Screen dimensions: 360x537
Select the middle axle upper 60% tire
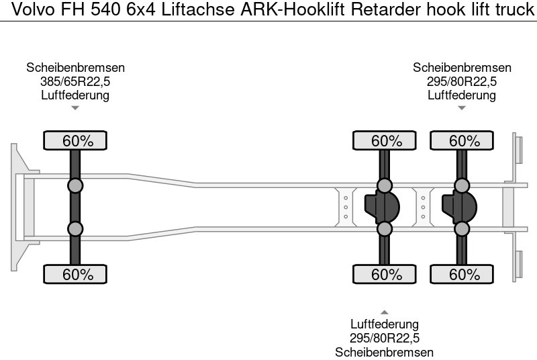[x=386, y=140]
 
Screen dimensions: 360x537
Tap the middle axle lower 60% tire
[x=386, y=274]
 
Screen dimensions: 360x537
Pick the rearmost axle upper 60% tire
[x=464, y=140]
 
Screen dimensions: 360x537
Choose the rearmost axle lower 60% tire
[x=464, y=274]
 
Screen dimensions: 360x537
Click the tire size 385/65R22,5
[x=76, y=81]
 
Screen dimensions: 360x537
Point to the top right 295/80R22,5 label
[x=462, y=81]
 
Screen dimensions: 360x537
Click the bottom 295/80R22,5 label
[x=385, y=339]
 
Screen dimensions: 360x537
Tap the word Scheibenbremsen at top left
[x=76, y=68]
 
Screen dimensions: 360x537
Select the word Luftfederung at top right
[x=462, y=95]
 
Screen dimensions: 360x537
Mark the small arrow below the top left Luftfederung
[x=76, y=107]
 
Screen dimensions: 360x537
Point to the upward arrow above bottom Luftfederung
[x=385, y=312]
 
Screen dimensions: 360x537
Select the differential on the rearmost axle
[x=459, y=207]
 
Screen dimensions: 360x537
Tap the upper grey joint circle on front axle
[x=76, y=186]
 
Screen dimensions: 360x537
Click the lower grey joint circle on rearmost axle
[x=462, y=229]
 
